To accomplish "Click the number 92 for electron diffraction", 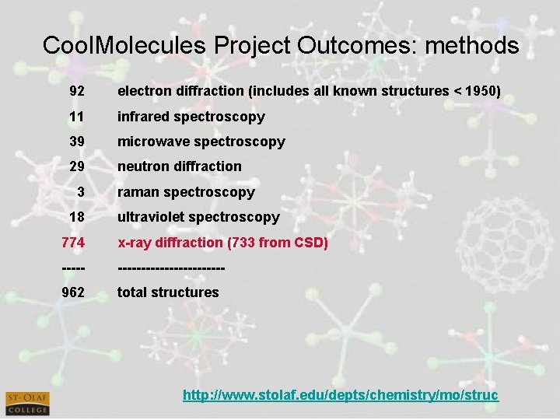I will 77,92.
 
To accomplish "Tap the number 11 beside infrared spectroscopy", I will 77,117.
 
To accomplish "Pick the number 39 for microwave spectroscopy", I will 77,142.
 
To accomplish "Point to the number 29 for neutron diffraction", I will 77,166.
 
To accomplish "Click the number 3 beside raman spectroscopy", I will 81,191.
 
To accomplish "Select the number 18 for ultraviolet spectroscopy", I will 77,217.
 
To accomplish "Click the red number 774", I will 74,243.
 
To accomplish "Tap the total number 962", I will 74,292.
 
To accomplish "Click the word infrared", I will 143,117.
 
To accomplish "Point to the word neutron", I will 142,166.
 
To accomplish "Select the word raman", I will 137,192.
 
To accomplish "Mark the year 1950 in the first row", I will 478,92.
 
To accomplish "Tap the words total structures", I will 168,292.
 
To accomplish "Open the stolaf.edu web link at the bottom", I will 340,396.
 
